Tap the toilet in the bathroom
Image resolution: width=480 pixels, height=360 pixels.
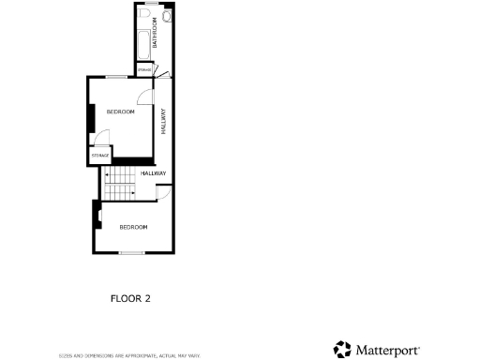point(166,18)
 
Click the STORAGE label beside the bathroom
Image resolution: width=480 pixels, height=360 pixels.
point(144,70)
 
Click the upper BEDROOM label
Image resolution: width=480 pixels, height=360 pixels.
point(120,112)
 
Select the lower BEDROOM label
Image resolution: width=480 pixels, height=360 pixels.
point(133,227)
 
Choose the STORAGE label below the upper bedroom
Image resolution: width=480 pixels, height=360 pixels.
point(100,155)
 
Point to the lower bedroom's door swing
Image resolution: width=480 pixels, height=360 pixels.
point(162,192)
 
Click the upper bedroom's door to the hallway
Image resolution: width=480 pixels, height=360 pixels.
point(144,98)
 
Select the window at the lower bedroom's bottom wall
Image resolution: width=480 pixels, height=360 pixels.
point(132,252)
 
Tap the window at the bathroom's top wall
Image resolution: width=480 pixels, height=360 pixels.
point(151,5)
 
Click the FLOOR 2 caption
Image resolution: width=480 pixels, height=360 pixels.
point(130,299)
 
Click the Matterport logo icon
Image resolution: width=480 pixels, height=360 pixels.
point(343,350)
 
